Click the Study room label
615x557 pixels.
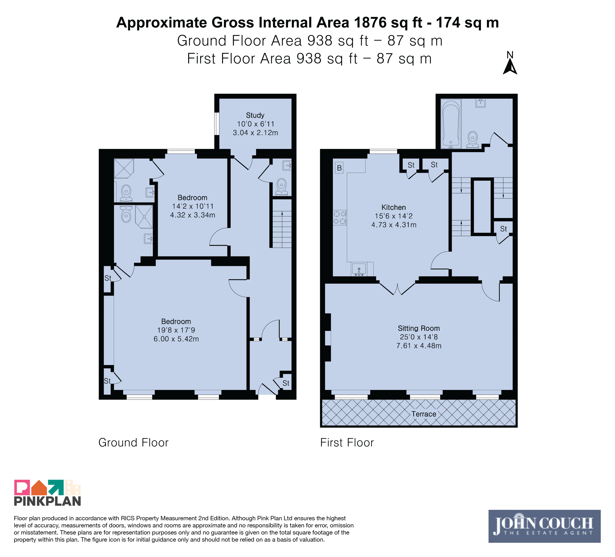255,115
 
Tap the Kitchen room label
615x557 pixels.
394,207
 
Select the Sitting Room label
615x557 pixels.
419,329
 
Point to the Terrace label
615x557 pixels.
424,414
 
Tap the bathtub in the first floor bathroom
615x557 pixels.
451,124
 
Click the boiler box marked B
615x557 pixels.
339,168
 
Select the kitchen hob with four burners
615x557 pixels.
340,218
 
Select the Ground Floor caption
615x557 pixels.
133,443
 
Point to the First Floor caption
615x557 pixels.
347,443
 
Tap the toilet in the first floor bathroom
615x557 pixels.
473,140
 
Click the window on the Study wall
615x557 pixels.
217,124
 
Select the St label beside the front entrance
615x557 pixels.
286,383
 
